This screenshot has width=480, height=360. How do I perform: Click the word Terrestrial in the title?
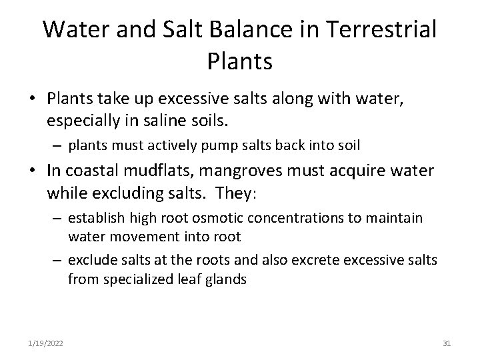point(379,29)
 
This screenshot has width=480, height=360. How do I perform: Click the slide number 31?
point(447,343)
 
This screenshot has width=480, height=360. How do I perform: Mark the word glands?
point(227,280)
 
